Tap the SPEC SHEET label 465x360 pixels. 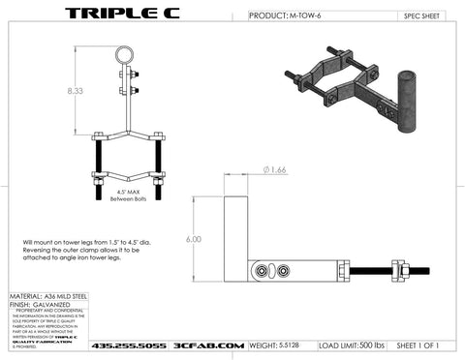click(x=421, y=16)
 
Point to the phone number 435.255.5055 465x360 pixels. click(x=127, y=345)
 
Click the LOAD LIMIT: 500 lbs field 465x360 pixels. click(x=349, y=344)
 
